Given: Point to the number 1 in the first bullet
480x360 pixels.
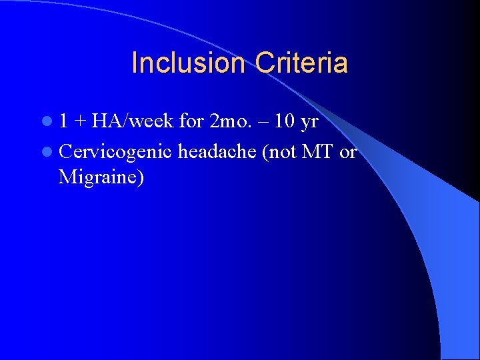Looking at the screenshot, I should pos(63,122).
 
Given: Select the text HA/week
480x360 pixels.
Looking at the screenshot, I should pos(133,122).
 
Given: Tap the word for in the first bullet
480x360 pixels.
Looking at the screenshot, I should pos(191,122).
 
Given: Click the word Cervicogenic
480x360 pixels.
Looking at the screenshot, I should pos(116,153).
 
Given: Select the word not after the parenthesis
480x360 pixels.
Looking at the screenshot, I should pos(283,152).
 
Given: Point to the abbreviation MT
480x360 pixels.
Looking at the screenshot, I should pos(318,152).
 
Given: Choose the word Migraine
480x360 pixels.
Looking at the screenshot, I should pos(97,177).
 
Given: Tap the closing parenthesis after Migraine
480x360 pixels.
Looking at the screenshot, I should pos(140,178).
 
